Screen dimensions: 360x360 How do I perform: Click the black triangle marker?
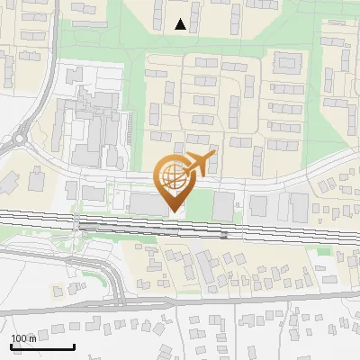click(181, 24)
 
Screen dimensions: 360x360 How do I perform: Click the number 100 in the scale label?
click(19, 338)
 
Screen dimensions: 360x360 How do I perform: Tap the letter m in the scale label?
click(32, 338)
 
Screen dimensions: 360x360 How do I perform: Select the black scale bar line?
click(42, 346)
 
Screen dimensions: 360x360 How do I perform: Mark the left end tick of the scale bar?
click(11, 345)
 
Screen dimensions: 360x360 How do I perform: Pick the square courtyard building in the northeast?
click(288, 62)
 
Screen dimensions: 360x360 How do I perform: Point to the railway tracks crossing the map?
click(270, 230)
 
